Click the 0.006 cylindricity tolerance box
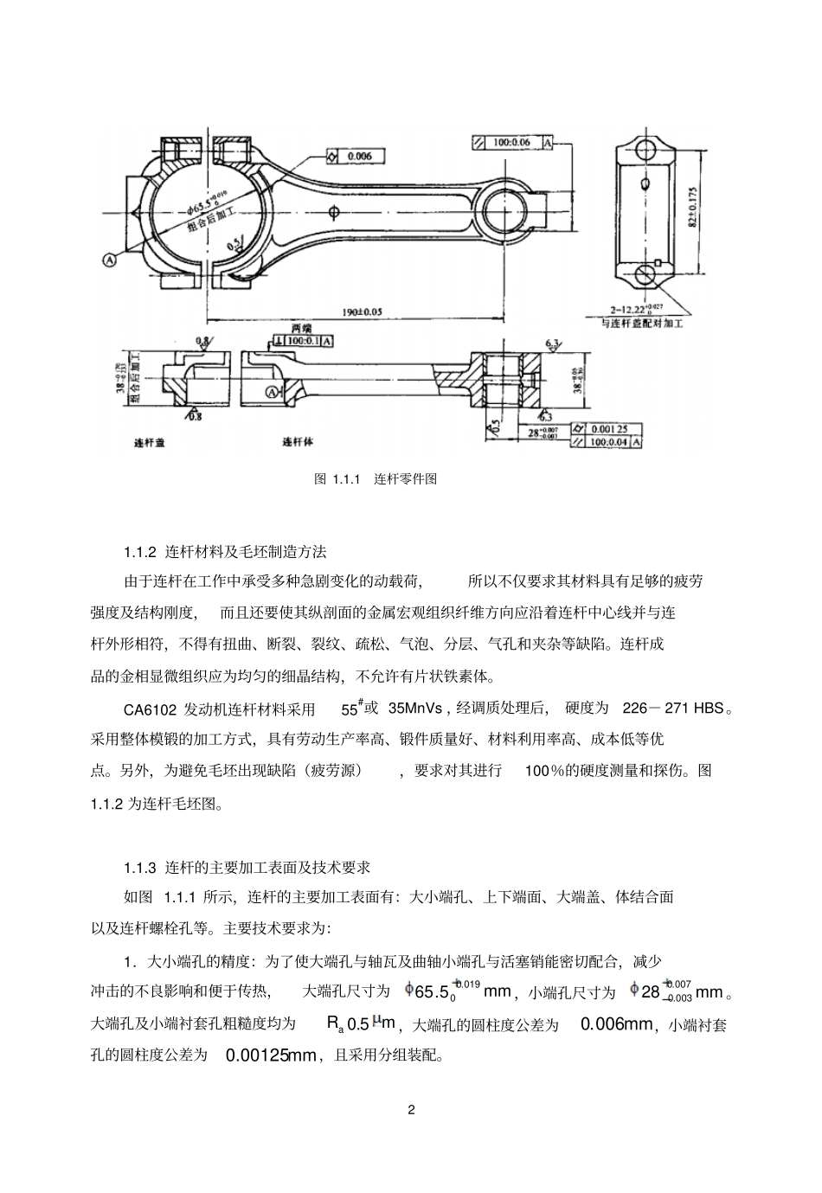click(x=354, y=156)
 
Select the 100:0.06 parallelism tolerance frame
click(x=511, y=142)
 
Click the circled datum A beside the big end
click(x=110, y=258)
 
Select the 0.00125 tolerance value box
click(x=613, y=428)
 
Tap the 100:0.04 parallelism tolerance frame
click(x=613, y=442)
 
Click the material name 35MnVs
click(x=415, y=709)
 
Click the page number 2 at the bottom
click(x=411, y=1110)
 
